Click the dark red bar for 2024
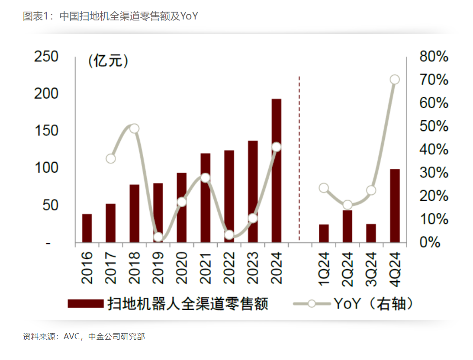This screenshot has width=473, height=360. coord(276,170)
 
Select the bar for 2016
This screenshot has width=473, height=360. coord(87,228)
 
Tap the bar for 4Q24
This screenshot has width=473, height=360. coord(394,206)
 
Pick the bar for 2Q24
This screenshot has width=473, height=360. coord(348,226)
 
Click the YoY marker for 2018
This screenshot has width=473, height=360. coord(134,129)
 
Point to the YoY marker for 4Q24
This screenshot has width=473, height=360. coord(395,80)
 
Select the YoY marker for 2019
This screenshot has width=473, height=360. coord(158,237)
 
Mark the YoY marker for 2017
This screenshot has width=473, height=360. coord(111,159)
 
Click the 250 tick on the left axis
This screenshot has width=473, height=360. coord(46,57)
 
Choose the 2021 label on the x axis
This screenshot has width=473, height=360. coord(205,268)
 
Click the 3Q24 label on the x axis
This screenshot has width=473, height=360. coord(371,268)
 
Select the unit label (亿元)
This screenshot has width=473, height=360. coord(108,61)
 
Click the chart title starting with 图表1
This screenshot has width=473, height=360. coord(110,16)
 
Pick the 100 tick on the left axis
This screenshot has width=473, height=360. coord(46,168)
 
